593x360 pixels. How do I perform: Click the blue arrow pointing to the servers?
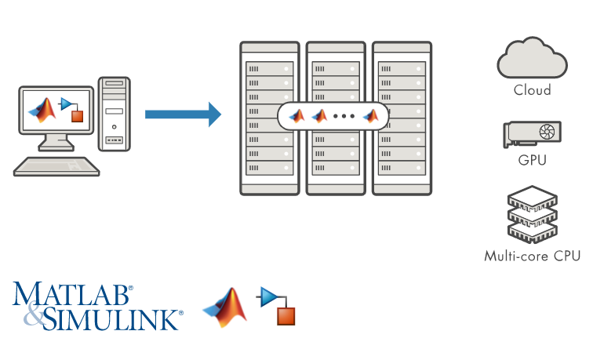coord(183,115)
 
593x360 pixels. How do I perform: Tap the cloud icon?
coord(532,58)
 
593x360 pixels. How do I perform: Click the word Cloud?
coord(532,90)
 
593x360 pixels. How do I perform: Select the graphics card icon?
coord(532,134)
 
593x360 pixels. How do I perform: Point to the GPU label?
coord(532,160)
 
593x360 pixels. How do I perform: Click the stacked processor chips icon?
coord(533,214)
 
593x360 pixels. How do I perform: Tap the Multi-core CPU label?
coord(532,256)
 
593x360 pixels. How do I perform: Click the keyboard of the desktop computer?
coord(56,166)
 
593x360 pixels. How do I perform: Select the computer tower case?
coord(115,114)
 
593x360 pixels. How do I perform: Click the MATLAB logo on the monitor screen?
coord(42,110)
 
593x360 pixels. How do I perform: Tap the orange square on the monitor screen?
coord(77,116)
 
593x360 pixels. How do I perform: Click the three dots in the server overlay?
coord(344,116)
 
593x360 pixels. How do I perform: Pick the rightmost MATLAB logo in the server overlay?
coord(370,116)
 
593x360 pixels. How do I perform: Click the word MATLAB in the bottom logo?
coord(73,294)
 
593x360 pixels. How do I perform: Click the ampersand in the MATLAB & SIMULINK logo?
coord(34,313)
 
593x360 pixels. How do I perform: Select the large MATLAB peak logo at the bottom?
coord(225,307)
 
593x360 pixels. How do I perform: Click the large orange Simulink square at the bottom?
coord(286,316)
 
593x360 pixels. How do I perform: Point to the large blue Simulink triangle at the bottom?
coord(269,296)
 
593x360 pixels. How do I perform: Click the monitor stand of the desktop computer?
coord(56,143)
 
